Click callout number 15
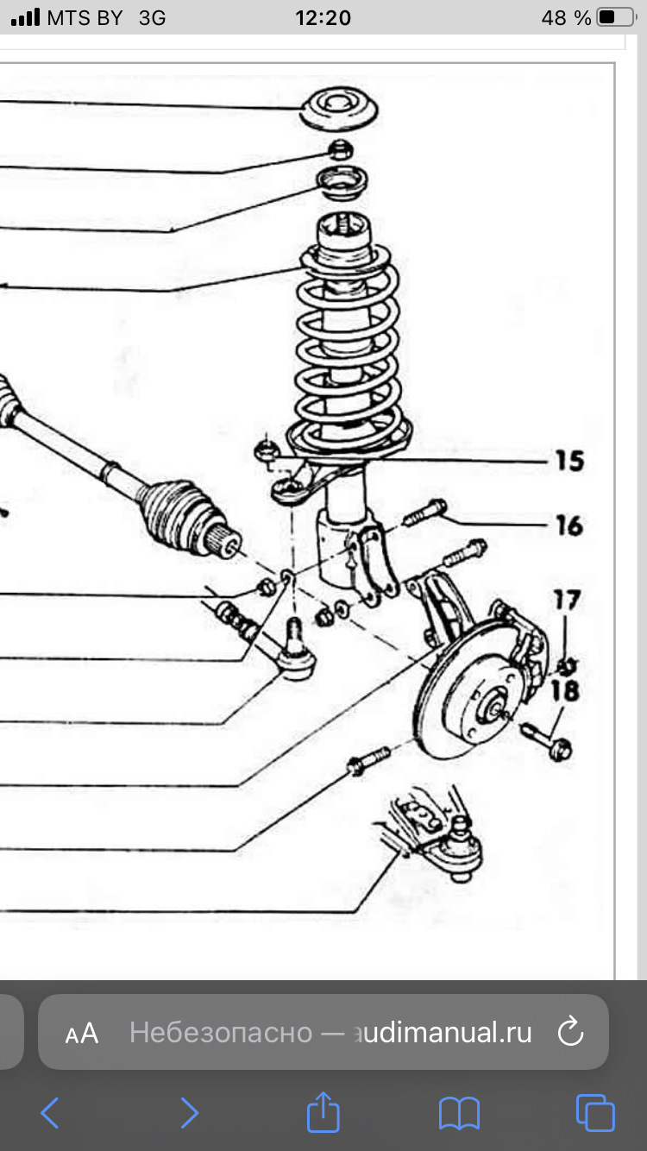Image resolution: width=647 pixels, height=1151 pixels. coord(568,461)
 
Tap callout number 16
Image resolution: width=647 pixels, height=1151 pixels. coord(568,525)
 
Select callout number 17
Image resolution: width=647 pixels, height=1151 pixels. coord(567,599)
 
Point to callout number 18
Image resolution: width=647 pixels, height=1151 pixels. coord(567,690)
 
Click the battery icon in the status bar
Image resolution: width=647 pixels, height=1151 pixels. coord(615,17)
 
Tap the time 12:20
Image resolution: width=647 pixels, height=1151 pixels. coord(323,17)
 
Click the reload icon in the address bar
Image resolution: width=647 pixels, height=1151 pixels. coord(571,1032)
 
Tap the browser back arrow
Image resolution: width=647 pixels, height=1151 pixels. coord(50,1113)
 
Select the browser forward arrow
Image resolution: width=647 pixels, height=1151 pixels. coord(190,1113)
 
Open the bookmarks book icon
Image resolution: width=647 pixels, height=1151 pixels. coord(459,1113)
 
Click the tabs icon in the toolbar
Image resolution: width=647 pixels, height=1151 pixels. coord(595,1113)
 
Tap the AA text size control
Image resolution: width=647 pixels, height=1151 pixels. coord(82,1033)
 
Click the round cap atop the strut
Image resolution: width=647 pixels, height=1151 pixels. coord(340,111)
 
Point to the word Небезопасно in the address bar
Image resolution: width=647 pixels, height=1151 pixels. coord(221,1033)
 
